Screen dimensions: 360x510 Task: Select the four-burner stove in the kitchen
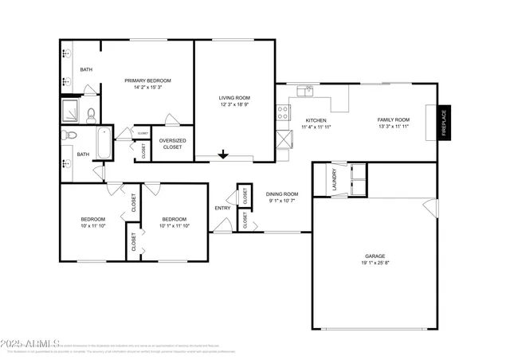tap(282, 113)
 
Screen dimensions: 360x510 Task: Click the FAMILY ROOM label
tap(392, 120)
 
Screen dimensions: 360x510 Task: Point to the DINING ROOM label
tap(282, 194)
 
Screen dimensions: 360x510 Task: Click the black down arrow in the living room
tap(224, 154)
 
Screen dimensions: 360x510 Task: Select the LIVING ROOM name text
tap(234, 98)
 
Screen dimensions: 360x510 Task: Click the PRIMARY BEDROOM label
tap(147, 80)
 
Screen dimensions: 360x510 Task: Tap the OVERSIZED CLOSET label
tap(171, 143)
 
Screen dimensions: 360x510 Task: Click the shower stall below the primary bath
tap(71, 109)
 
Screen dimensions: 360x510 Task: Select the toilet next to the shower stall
tap(91, 112)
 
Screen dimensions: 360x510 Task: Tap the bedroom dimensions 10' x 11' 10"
tap(92, 225)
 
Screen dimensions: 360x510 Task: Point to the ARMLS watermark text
tap(27, 344)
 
